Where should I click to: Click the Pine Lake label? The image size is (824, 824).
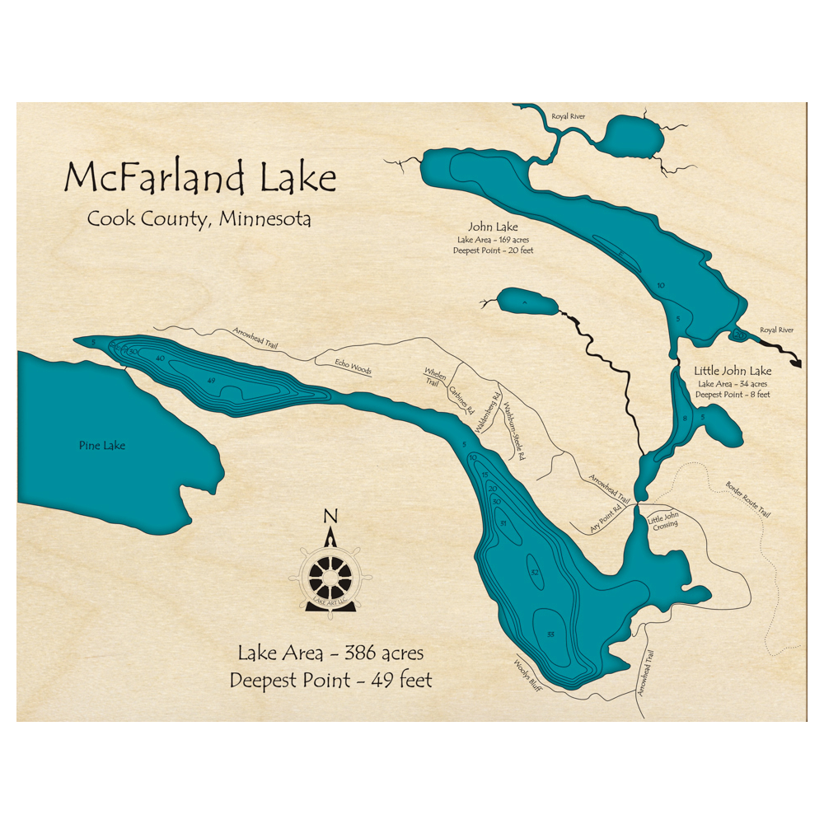[x=102, y=446]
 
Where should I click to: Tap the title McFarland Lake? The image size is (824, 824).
[x=200, y=178]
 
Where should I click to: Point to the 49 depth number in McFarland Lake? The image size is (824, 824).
[x=212, y=380]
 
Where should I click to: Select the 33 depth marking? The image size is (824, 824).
[x=550, y=633]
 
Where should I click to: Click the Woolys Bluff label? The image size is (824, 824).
[x=527, y=675]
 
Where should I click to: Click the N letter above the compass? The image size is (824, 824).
[x=330, y=517]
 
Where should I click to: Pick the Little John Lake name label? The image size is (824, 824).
[x=733, y=371]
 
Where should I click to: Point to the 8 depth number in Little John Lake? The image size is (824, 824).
[x=684, y=419]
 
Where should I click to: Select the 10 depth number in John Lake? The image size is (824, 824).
[x=661, y=285]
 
